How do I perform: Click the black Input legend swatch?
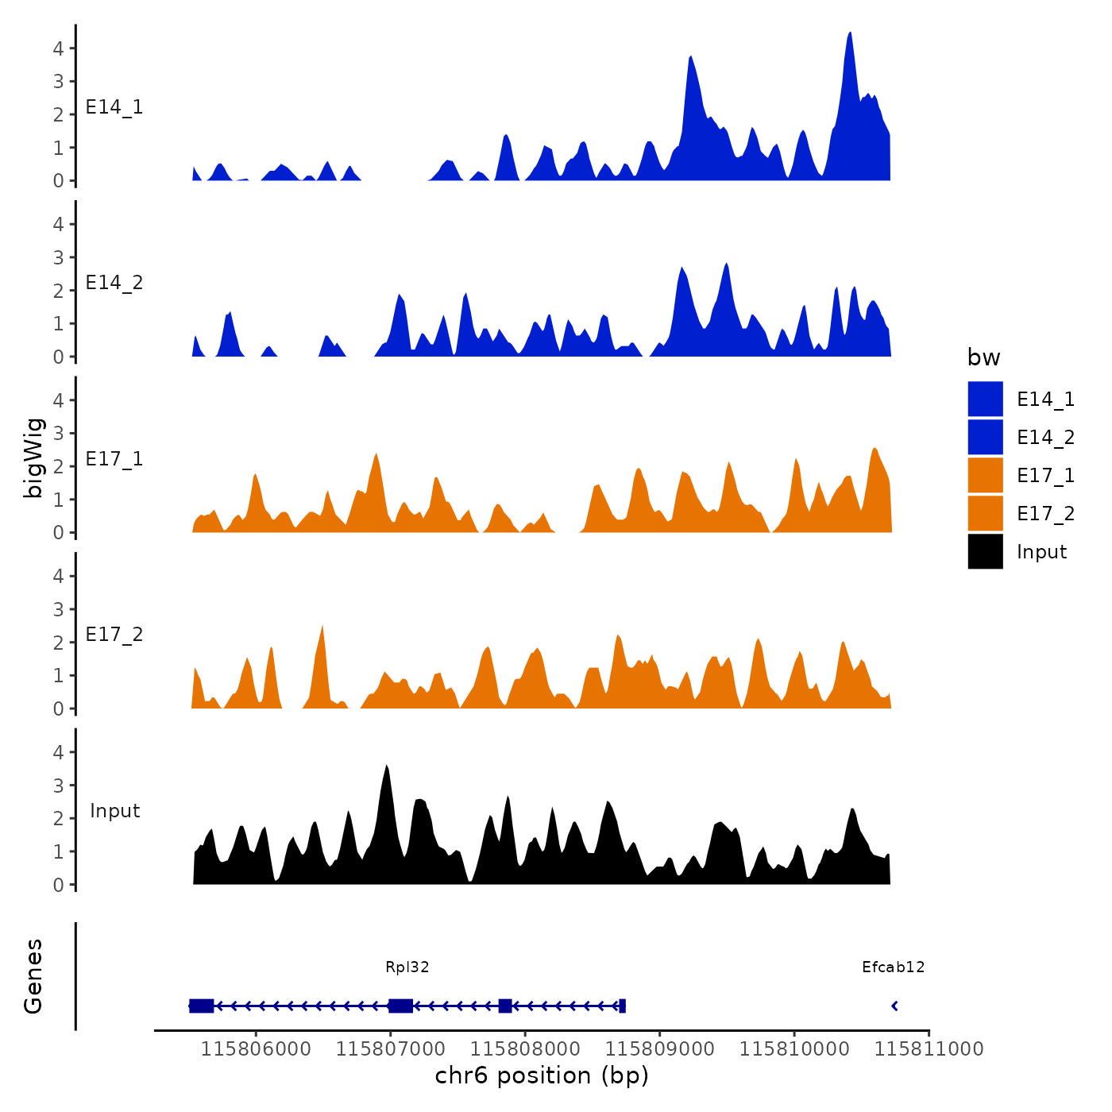pyautogui.click(x=985, y=552)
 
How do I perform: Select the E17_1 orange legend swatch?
pyautogui.click(x=985, y=476)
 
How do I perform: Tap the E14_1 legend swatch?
pyautogui.click(x=985, y=400)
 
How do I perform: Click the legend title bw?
pyautogui.click(x=983, y=358)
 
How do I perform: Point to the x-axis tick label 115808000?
pyautogui.click(x=525, y=1049)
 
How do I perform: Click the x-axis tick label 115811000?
pyautogui.click(x=929, y=1049)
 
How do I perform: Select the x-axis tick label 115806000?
pyautogui.click(x=256, y=1049)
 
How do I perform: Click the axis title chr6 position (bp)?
pyautogui.click(x=542, y=1075)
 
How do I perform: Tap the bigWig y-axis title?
pyautogui.click(x=33, y=458)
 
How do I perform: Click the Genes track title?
pyautogui.click(x=33, y=976)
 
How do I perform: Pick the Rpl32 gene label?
pyautogui.click(x=407, y=967)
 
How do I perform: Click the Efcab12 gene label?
pyautogui.click(x=893, y=967)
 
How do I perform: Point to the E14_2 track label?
pyautogui.click(x=114, y=284)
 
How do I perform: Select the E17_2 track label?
pyautogui.click(x=114, y=635)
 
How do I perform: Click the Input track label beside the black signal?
pyautogui.click(x=114, y=811)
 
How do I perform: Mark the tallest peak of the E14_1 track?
pyautogui.click(x=850, y=34)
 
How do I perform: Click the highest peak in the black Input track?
pyautogui.click(x=386, y=767)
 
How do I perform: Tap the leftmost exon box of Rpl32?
pyautogui.click(x=202, y=1006)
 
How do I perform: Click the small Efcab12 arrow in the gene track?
pyautogui.click(x=894, y=1006)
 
